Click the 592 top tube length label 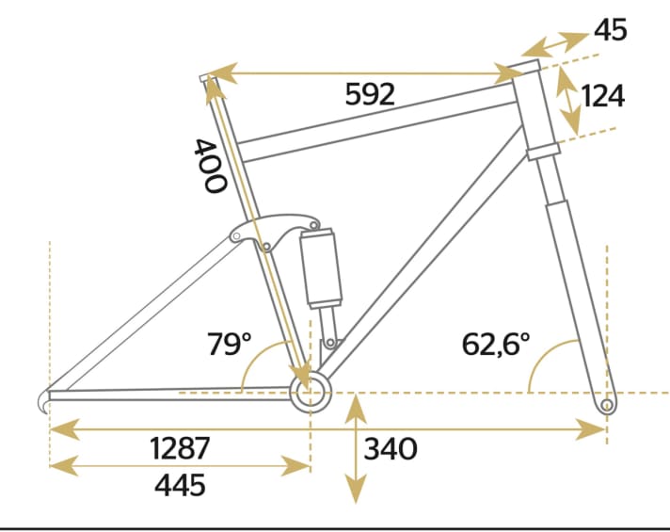(369, 95)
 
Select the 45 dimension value (610, 30)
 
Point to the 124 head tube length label (603, 96)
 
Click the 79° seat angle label (231, 344)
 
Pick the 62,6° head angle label (496, 344)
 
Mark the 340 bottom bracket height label (389, 449)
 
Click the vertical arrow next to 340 (355, 449)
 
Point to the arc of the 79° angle (254, 363)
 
